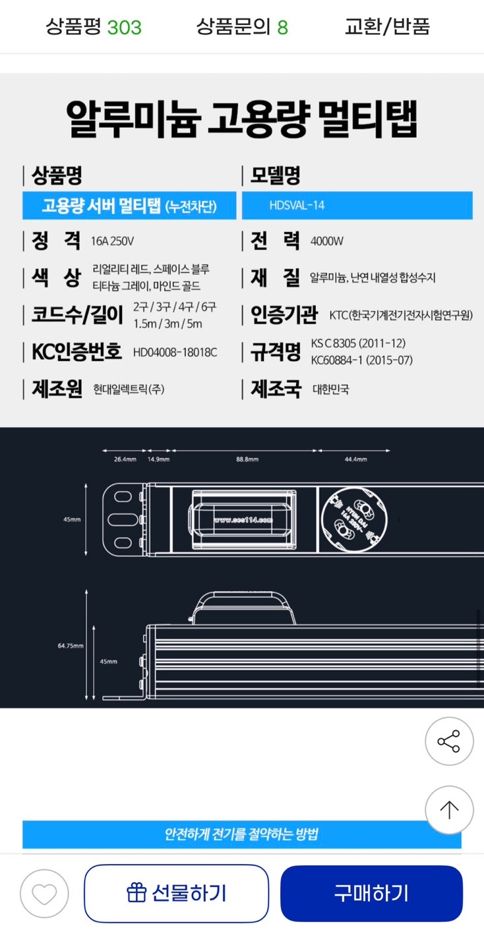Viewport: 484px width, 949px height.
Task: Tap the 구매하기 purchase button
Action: pos(371,894)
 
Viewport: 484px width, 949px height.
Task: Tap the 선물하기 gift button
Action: pos(176,894)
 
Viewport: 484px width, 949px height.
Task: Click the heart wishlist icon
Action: pos(44,894)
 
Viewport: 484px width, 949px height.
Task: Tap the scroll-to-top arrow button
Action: pos(449,810)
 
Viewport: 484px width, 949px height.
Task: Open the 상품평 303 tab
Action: pos(94,27)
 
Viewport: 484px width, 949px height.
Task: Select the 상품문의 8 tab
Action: pos(242,27)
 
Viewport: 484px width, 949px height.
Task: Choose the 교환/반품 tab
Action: pos(387,27)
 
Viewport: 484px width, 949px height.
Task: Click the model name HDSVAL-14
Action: pos(297,206)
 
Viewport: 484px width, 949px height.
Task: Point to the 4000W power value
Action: pos(327,241)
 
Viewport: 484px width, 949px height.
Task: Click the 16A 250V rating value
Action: pos(112,241)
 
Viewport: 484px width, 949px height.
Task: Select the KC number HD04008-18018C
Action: pos(175,352)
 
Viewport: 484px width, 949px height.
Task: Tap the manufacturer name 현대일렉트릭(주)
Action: pos(129,389)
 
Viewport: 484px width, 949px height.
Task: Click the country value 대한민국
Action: pos(331,389)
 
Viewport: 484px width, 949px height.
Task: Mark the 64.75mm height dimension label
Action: pos(71,646)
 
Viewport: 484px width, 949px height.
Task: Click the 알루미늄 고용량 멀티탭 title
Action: pos(242,119)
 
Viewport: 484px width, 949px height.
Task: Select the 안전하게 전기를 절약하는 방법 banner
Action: pos(241,834)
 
